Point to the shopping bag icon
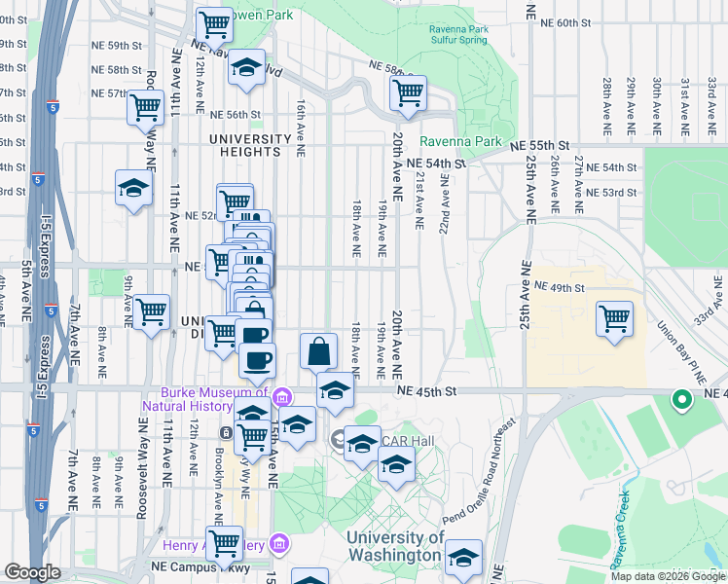pyautogui.click(x=319, y=350)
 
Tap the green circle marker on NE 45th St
pyautogui.click(x=682, y=398)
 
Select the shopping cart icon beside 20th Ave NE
pyautogui.click(x=408, y=92)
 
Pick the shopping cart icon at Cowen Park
pyautogui.click(x=214, y=25)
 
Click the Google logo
pyautogui.click(x=33, y=572)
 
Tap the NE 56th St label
pyautogui.click(x=235, y=114)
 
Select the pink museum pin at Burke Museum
pyautogui.click(x=282, y=396)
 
